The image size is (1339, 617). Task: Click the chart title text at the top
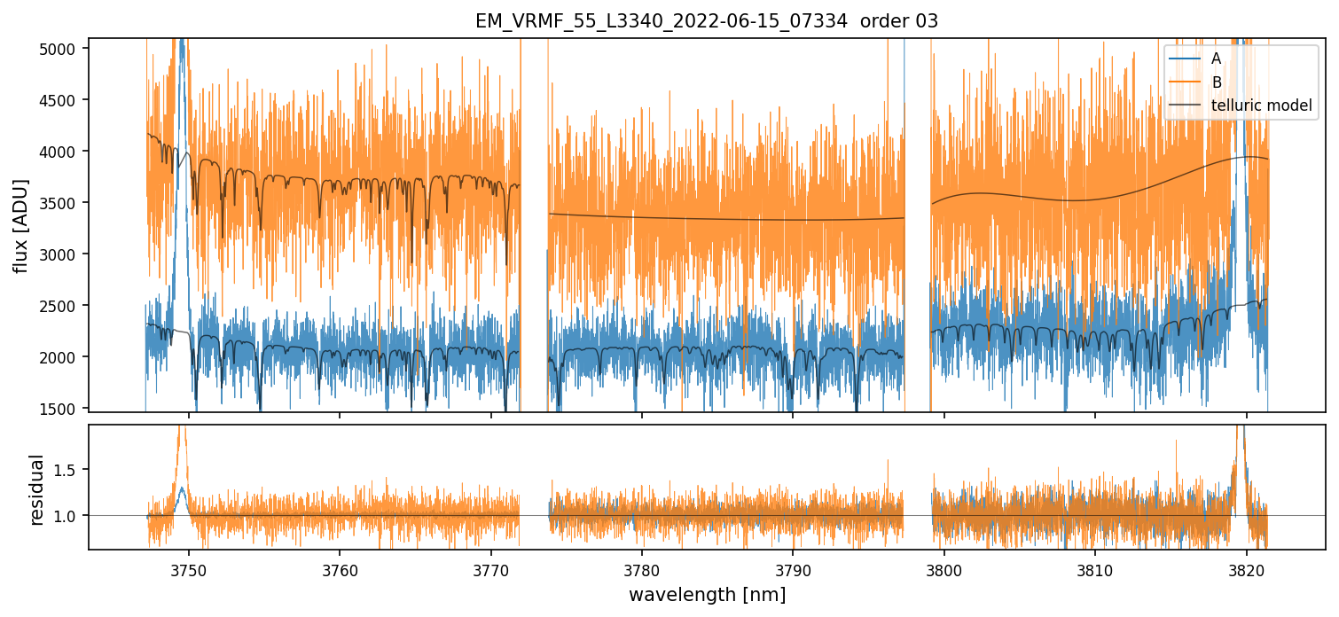coord(707,21)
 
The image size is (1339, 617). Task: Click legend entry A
coord(1216,59)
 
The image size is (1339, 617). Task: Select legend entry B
coord(1216,82)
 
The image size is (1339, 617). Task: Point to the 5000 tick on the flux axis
coord(63,49)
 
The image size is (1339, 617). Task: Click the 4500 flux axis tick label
coord(63,100)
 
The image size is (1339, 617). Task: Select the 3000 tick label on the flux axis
coord(63,254)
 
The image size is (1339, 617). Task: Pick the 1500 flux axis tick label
coord(63,409)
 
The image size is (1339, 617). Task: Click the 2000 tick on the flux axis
coord(63,357)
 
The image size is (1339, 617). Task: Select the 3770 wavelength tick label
coord(490,568)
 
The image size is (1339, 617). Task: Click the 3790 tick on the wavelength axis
coord(793,568)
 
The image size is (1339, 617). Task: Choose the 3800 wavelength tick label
coord(944,568)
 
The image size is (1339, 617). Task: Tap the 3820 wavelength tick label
coord(1246,568)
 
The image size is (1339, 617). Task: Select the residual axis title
coord(37,489)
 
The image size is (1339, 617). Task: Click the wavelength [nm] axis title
coord(707,595)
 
